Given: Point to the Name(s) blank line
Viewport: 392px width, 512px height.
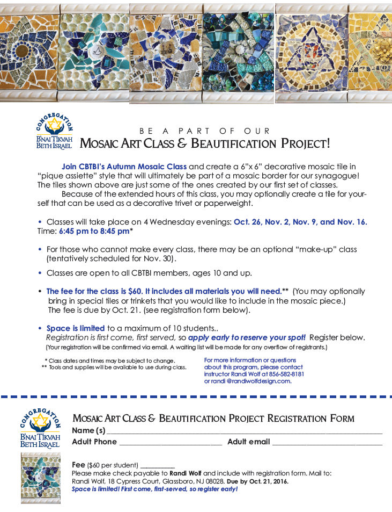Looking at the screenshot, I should pos(244,431).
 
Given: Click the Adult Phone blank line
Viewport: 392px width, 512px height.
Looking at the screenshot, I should pos(170,443).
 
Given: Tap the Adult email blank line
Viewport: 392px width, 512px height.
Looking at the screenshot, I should pos(327,443).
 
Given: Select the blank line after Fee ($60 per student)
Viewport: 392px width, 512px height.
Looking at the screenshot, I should pos(158,465).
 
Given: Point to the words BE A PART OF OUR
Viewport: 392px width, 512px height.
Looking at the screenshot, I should pos(205,131).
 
